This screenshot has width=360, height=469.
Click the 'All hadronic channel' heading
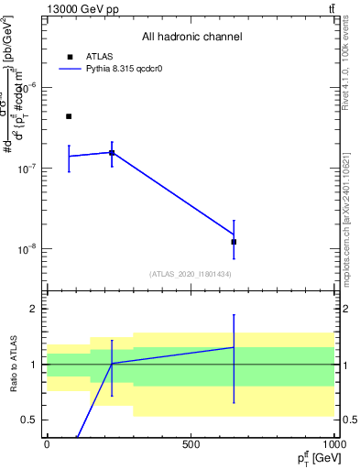tap(191, 37)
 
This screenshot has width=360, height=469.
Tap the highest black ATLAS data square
tap(69, 116)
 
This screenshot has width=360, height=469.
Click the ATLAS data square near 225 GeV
tap(112, 153)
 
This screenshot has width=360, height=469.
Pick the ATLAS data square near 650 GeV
tap(235, 242)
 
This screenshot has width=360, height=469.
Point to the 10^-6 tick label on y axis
tap(29, 88)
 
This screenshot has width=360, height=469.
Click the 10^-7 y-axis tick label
tap(29, 169)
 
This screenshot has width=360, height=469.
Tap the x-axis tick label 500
tap(191, 444)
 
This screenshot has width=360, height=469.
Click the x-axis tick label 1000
tap(332, 444)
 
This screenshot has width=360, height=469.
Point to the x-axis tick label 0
tap(47, 444)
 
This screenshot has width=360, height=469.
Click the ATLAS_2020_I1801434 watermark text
tap(191, 274)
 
